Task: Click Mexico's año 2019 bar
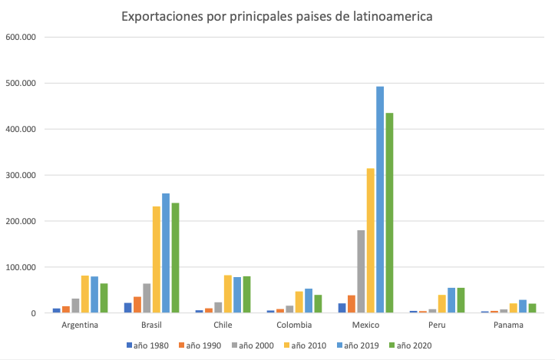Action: click(x=380, y=200)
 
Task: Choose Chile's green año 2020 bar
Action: click(x=246, y=295)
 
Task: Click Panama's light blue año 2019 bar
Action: click(x=523, y=306)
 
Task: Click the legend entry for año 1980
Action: click(x=153, y=345)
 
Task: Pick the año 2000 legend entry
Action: click(x=253, y=345)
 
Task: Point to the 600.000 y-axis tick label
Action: click(x=21, y=37)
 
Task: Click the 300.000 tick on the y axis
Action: click(x=21, y=175)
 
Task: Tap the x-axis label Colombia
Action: click(x=294, y=325)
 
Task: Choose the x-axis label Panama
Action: click(x=508, y=325)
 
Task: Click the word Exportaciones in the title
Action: click(x=160, y=16)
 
